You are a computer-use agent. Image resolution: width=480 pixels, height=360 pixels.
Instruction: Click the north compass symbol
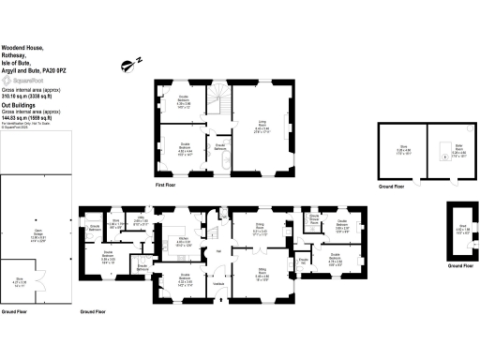pos(128,65)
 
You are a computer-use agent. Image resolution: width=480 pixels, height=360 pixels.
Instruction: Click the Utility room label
pos(140,221)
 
